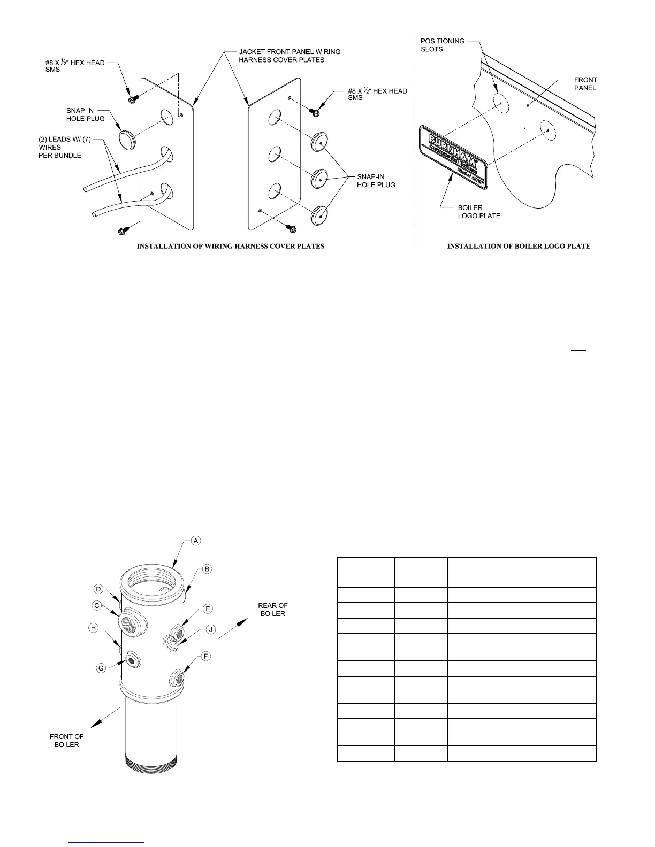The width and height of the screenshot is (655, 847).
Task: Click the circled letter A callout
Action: (x=196, y=541)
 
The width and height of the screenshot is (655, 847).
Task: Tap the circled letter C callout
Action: (x=97, y=605)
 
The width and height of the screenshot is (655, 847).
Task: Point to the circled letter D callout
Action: (x=98, y=589)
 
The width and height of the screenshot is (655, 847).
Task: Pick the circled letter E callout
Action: (x=208, y=609)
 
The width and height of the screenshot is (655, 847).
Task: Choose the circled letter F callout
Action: (x=207, y=656)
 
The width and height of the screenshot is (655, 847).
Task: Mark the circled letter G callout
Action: (x=100, y=667)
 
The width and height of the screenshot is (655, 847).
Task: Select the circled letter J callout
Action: (x=211, y=629)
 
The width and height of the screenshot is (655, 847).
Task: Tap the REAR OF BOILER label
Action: (x=272, y=610)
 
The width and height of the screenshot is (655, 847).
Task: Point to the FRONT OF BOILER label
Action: (x=67, y=741)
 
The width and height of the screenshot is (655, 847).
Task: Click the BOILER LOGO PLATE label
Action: (x=479, y=212)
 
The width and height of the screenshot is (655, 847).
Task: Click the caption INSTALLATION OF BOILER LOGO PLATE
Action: (x=519, y=247)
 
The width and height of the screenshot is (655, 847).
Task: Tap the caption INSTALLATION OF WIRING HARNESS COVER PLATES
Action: (x=231, y=247)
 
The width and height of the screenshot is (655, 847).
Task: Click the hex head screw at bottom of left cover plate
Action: (x=122, y=230)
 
